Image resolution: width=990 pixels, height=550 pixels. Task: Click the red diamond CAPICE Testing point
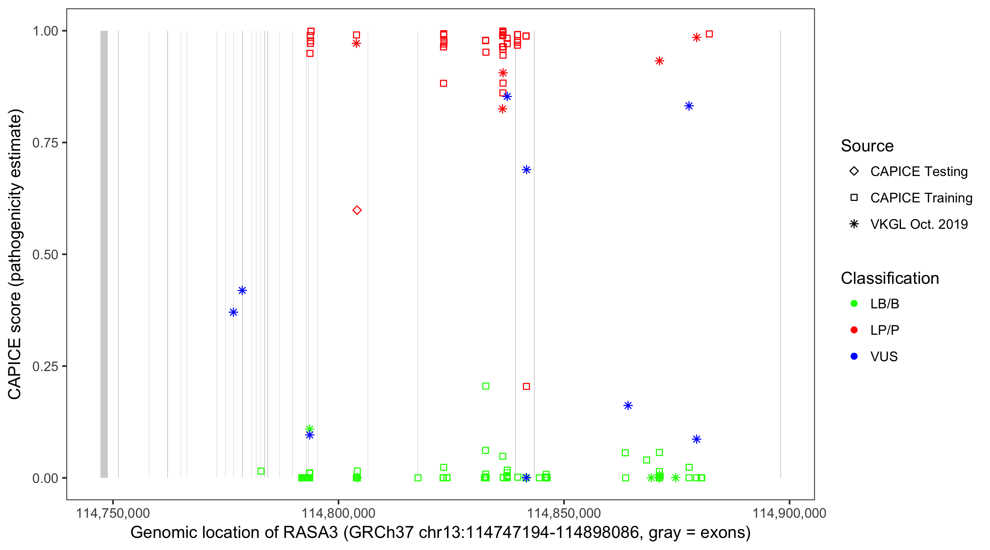tap(357, 210)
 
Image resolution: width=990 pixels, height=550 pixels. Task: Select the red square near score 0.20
tap(526, 386)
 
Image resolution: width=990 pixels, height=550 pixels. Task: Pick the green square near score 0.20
tap(485, 386)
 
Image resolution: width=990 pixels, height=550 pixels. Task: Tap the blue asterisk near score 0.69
tap(526, 169)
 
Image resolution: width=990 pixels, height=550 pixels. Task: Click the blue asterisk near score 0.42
tap(242, 290)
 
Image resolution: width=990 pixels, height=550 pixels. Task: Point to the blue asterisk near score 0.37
tap(233, 312)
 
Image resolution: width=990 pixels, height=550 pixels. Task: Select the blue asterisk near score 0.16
tap(628, 406)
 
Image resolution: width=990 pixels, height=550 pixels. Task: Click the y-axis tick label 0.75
tap(45, 143)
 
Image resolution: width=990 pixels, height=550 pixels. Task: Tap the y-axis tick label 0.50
tap(45, 254)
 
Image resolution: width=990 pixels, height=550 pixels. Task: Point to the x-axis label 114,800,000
tap(338, 513)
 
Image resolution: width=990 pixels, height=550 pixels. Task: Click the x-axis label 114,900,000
tap(789, 513)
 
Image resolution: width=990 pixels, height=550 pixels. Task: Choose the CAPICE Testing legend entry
tap(918, 172)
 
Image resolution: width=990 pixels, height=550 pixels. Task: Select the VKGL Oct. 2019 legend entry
tap(918, 224)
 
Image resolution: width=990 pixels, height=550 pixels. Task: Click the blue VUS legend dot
tap(854, 356)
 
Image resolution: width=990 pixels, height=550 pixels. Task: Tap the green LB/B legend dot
tap(854, 304)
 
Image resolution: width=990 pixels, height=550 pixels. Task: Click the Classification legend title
tap(889, 278)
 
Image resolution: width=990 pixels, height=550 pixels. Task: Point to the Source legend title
tap(867, 146)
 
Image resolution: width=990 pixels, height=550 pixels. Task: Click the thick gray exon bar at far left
tap(104, 254)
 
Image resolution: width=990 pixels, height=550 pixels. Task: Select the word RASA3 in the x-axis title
tap(310, 533)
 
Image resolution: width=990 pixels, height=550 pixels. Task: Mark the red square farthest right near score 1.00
tap(709, 34)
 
